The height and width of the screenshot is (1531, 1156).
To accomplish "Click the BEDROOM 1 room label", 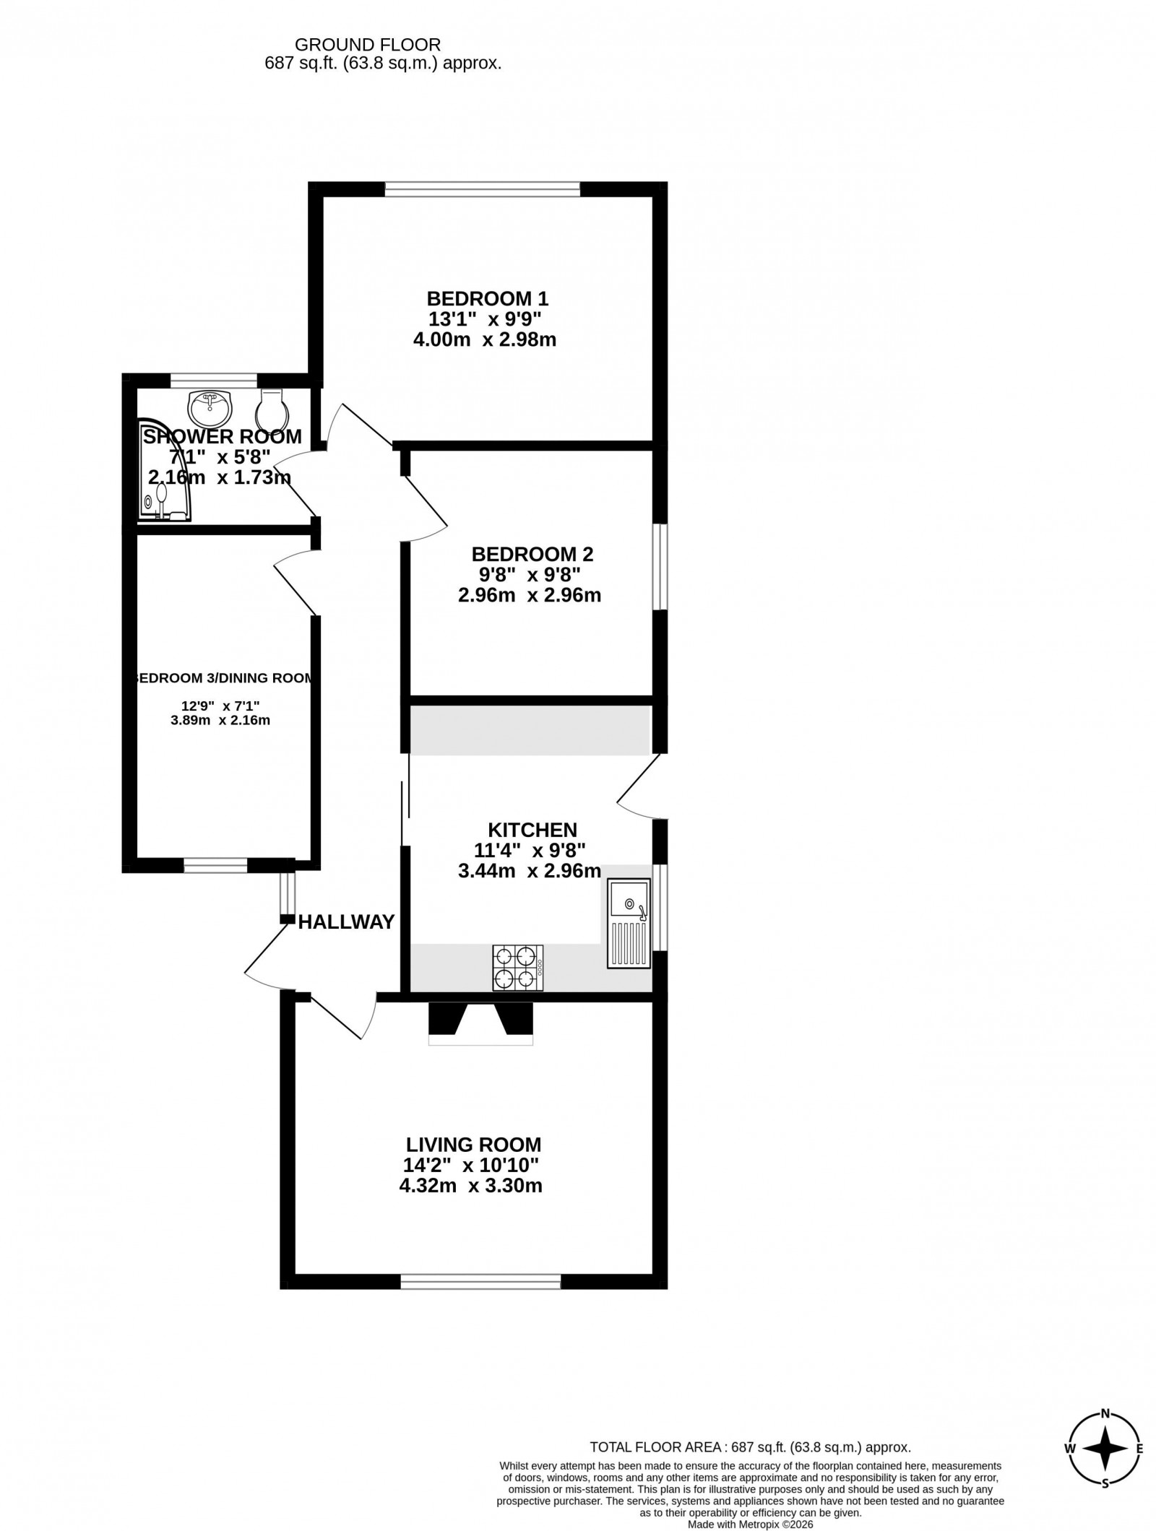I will (x=488, y=298).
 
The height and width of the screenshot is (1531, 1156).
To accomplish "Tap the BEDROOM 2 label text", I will (x=532, y=554).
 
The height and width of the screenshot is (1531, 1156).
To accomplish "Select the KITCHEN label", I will (x=532, y=830).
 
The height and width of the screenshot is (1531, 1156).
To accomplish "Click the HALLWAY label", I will (x=347, y=922).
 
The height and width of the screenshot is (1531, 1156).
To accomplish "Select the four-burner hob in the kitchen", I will (x=518, y=968).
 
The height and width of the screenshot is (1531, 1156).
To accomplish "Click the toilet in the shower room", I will (x=272, y=410).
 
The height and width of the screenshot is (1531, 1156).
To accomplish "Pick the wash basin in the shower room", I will (x=210, y=409).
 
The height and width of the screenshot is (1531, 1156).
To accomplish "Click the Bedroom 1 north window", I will (x=483, y=189).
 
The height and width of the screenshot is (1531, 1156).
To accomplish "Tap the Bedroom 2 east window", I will (x=660, y=567).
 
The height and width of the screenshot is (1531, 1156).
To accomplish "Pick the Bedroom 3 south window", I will (x=215, y=866).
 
